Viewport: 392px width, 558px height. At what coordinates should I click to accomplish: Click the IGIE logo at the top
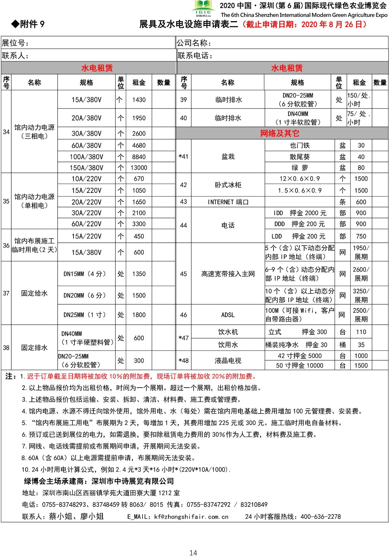[x=203, y=8]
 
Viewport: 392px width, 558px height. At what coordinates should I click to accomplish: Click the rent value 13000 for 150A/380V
[x=139, y=168]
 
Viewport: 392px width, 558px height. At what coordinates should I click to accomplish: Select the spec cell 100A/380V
[x=86, y=157]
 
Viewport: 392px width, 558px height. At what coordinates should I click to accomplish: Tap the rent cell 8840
[x=139, y=157]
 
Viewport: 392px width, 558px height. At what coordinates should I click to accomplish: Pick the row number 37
[x=6, y=293]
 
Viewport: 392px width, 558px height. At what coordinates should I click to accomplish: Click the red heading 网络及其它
[x=280, y=133]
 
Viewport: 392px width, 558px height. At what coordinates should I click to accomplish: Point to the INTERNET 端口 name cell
[x=228, y=202]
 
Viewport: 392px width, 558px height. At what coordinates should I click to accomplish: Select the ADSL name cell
[x=228, y=315]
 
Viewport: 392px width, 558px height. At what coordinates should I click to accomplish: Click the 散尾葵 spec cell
[x=300, y=157]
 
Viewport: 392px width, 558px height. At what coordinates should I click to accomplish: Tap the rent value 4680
[x=139, y=145]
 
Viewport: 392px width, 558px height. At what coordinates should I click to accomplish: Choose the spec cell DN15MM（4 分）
[x=85, y=274]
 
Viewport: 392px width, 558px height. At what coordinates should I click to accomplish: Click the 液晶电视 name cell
[x=228, y=361]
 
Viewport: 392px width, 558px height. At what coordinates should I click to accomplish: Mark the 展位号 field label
[x=15, y=43]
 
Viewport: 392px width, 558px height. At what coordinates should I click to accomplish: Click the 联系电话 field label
[x=195, y=56]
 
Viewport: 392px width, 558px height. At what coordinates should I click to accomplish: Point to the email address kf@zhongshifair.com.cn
[x=191, y=517]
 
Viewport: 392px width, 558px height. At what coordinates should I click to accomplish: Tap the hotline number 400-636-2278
[x=320, y=517]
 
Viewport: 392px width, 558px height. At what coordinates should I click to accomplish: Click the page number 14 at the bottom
[x=193, y=552]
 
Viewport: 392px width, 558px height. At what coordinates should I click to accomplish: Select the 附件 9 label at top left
[x=28, y=24]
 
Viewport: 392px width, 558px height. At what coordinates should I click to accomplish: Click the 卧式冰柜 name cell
[x=228, y=185]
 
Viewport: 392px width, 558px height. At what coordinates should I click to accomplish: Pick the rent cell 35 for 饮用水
[x=361, y=345]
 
